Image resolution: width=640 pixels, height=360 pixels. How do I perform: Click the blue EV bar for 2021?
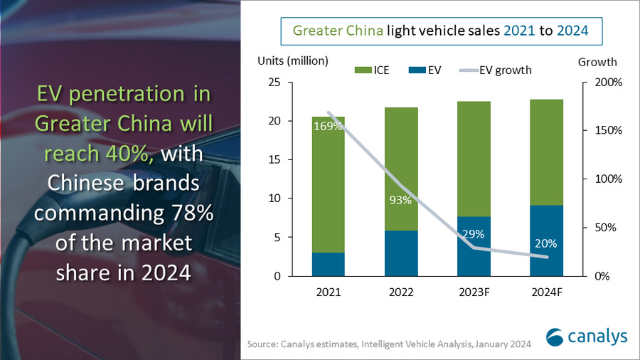click(328, 264)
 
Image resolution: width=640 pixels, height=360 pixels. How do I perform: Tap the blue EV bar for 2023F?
click(474, 246)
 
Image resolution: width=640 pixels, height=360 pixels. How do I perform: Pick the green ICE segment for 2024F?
click(546, 152)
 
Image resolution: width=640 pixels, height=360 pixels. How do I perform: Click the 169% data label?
click(328, 126)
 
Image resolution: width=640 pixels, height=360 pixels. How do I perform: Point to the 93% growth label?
click(401, 200)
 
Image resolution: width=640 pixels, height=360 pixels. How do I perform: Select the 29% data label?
click(474, 233)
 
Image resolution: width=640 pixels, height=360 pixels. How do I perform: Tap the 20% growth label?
click(546, 243)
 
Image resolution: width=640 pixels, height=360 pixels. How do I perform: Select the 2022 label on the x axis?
click(401, 292)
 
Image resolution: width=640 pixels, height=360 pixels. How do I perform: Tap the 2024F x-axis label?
click(546, 292)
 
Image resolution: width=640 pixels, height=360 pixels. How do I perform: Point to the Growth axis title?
click(597, 62)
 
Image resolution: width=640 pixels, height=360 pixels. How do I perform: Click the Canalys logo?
click(577, 337)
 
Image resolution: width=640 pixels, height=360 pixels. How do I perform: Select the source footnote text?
click(389, 344)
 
